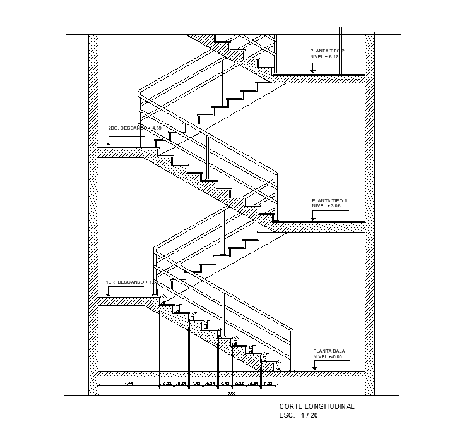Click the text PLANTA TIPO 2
click(x=327, y=51)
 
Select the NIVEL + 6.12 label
click(x=324, y=57)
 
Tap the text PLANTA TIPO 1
click(x=329, y=200)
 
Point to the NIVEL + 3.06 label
click(x=326, y=206)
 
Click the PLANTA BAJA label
click(x=329, y=351)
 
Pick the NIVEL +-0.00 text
click(x=327, y=357)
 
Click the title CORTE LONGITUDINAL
click(x=316, y=407)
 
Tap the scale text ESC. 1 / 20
click(x=299, y=415)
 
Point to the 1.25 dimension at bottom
click(x=128, y=384)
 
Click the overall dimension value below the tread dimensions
click(x=231, y=393)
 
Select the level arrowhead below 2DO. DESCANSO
click(x=109, y=145)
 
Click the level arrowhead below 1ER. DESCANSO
click(x=109, y=293)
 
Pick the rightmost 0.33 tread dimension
click(x=268, y=384)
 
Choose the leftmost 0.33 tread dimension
click(x=167, y=384)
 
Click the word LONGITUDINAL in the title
click(x=331, y=407)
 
